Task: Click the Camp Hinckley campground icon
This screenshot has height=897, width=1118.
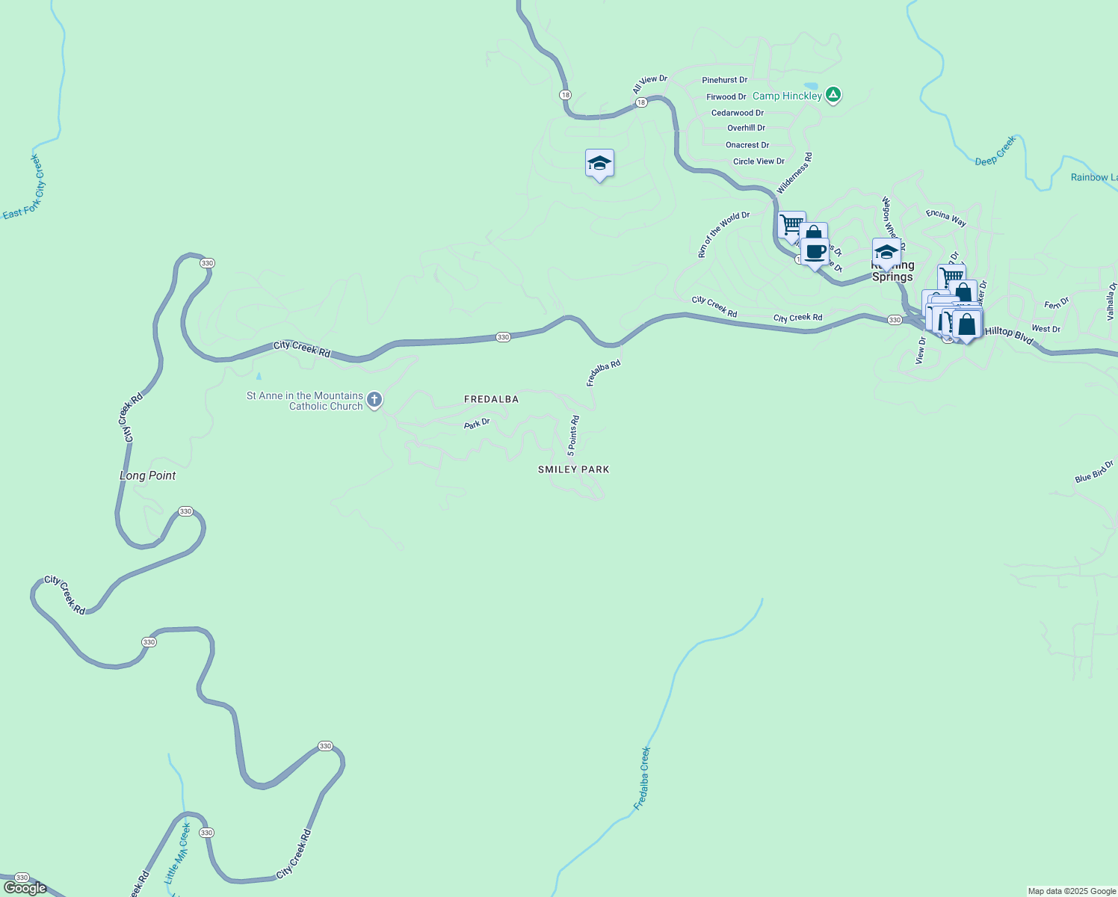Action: [833, 95]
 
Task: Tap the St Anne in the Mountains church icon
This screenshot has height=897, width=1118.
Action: [374, 400]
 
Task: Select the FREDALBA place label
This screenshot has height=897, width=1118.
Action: [491, 399]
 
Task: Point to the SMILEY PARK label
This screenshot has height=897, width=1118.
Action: [573, 469]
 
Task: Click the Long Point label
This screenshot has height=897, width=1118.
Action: [148, 475]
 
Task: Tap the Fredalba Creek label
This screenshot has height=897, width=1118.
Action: [642, 778]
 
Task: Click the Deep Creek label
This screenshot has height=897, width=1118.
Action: [995, 151]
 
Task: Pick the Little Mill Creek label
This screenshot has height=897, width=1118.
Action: [178, 853]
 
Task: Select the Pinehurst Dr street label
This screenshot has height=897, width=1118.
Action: [724, 80]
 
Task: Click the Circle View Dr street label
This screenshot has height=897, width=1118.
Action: [759, 161]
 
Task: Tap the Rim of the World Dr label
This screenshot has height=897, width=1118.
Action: [723, 234]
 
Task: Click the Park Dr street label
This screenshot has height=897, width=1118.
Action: [477, 424]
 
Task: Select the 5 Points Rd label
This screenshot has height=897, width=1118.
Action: [573, 436]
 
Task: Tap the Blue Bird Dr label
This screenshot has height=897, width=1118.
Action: [1094, 472]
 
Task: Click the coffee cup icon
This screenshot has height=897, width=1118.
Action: [815, 252]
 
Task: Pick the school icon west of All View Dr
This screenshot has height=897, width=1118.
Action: [599, 163]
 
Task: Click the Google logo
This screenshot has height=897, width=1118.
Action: [25, 888]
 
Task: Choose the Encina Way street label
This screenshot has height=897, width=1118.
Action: [946, 218]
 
